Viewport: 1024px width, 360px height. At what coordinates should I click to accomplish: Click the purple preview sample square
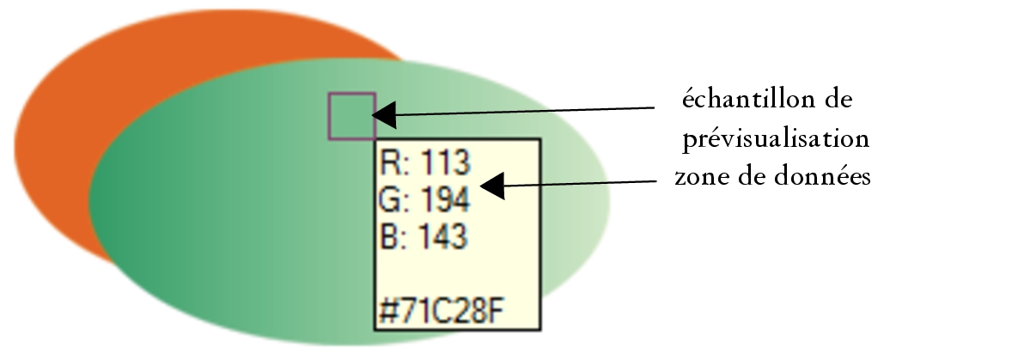click(351, 115)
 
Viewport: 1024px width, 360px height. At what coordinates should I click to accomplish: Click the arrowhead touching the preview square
click(385, 114)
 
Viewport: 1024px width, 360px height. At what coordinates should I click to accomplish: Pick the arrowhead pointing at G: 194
click(493, 186)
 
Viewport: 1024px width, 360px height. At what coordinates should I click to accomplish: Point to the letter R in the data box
click(388, 163)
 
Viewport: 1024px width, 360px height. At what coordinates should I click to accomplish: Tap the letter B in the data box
click(388, 235)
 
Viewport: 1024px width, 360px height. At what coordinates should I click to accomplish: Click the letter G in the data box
click(389, 199)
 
